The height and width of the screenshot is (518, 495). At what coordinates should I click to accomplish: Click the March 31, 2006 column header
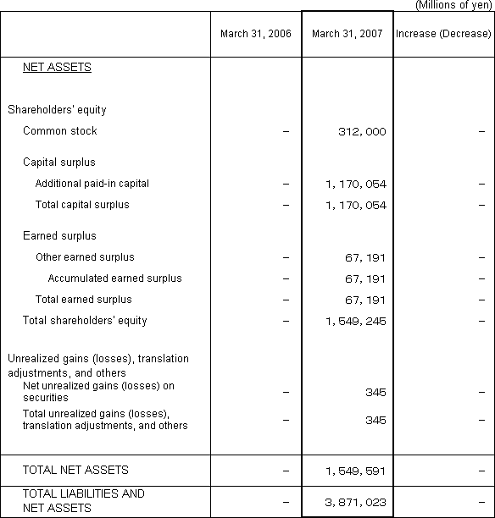255,34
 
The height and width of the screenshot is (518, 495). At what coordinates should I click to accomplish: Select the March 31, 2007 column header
347,34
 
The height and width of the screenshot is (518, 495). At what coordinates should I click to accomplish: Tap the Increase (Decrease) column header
443,34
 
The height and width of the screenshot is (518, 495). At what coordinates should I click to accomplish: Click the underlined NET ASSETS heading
57,68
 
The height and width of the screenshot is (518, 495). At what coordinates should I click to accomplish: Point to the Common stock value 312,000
361,131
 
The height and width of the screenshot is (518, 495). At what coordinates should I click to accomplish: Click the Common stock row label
60,131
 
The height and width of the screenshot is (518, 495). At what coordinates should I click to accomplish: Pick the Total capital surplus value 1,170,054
355,205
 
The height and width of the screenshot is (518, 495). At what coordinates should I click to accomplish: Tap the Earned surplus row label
59,236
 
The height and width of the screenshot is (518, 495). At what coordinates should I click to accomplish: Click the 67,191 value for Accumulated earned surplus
367,278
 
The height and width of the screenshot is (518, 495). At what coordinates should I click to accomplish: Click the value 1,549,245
355,321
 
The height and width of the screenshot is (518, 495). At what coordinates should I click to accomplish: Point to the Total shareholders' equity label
85,321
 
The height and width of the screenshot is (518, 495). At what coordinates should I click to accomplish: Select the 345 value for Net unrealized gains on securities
375,392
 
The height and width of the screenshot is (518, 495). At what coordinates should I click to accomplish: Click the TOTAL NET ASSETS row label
75,470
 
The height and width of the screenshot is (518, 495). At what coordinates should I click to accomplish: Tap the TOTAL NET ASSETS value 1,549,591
355,470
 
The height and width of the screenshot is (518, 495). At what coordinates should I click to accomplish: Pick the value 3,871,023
355,502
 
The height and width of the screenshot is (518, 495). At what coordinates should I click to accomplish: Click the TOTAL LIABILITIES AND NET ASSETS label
83,501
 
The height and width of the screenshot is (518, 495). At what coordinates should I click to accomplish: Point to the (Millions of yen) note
453,5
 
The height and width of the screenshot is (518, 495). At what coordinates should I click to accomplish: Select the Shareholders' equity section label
57,110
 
